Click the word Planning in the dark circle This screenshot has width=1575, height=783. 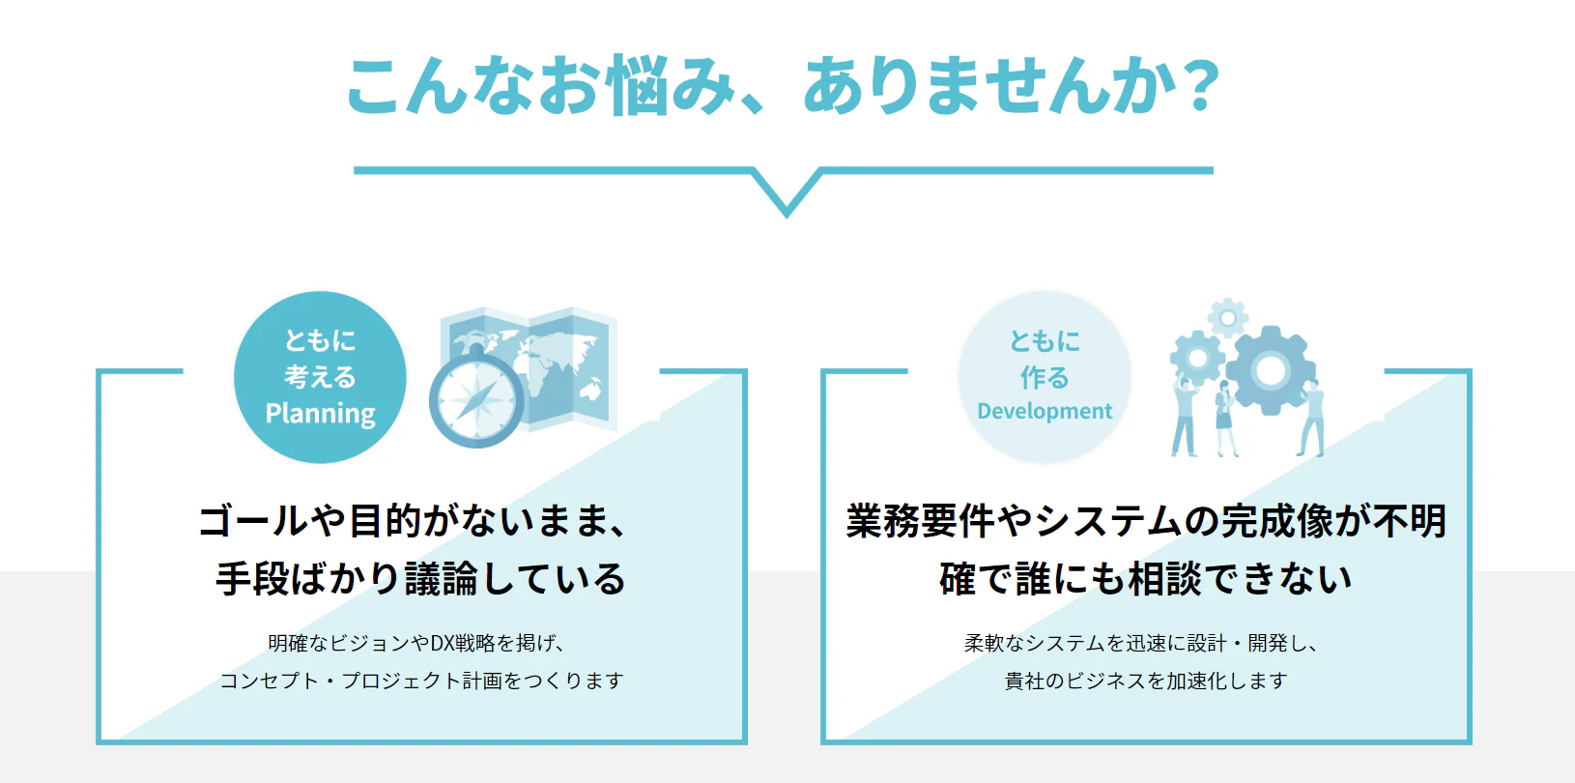point(320,414)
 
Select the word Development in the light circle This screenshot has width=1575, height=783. point(1045,411)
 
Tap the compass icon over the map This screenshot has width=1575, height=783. point(476,398)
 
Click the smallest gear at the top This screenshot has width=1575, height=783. point(1228,318)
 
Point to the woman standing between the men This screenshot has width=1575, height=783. point(1225,420)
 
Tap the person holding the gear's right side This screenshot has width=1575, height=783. point(1310,419)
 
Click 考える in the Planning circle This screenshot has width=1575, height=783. point(320,377)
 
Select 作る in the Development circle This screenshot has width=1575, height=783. point(1045,378)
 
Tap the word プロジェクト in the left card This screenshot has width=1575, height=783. point(401,681)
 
